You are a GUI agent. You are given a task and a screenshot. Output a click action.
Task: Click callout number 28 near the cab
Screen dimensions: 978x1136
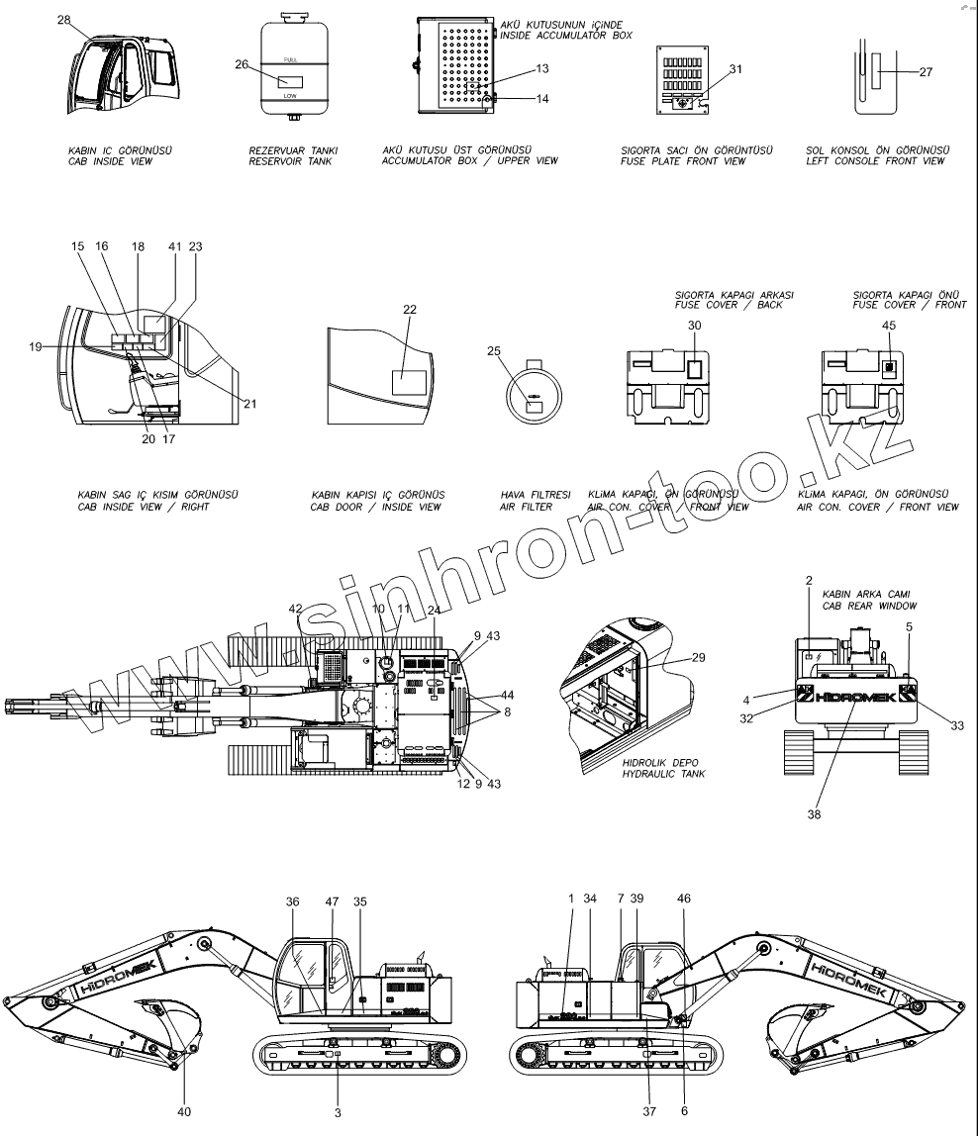point(64,20)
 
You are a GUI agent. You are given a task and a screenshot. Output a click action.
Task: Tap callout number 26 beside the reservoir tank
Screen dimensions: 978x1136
point(242,65)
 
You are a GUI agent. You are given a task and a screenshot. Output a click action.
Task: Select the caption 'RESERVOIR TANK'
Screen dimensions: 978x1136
point(292,161)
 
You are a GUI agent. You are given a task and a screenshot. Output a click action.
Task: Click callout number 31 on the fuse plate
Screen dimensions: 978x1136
point(734,68)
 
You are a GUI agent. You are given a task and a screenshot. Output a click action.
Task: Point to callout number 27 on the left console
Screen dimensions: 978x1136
point(926,72)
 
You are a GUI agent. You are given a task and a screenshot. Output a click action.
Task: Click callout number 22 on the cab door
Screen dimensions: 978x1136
point(410,310)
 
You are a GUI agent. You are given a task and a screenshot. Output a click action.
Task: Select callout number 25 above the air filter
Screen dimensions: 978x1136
point(493,350)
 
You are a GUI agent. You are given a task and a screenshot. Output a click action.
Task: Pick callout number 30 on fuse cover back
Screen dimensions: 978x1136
point(694,326)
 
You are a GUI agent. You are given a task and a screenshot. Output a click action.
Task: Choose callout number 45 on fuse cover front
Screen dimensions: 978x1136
point(889,326)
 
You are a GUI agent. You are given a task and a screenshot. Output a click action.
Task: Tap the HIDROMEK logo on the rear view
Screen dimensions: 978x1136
point(855,697)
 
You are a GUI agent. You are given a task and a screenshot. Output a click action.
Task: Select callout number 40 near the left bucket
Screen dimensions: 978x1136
point(186,1111)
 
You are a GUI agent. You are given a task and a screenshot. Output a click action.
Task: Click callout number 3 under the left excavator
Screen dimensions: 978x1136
point(338,1113)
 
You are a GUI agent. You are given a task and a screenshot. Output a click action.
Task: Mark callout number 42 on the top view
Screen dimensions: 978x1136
point(295,609)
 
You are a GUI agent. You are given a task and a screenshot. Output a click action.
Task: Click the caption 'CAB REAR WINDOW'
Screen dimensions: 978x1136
point(869,606)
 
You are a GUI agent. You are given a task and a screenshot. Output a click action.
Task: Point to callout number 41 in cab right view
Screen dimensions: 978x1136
point(175,245)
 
